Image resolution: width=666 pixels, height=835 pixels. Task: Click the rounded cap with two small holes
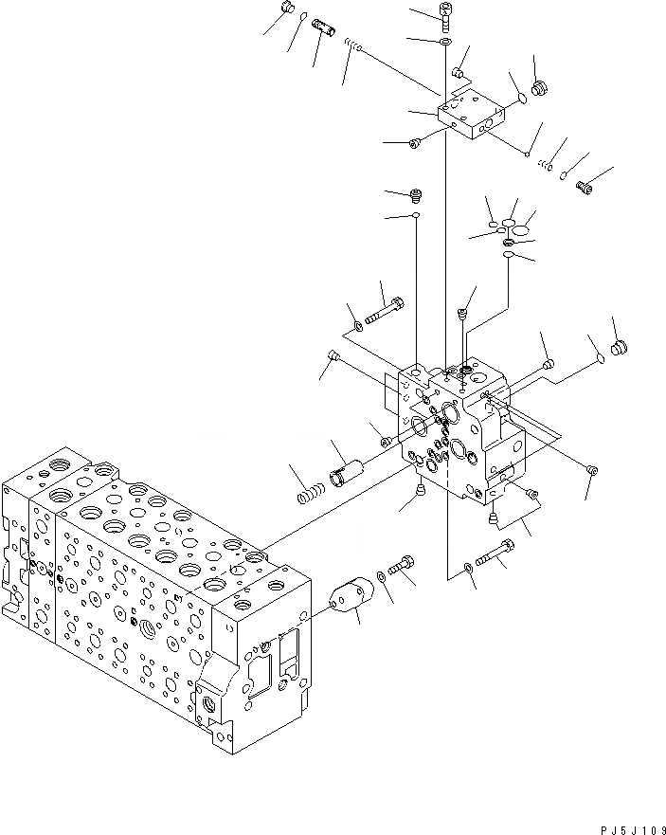(350, 600)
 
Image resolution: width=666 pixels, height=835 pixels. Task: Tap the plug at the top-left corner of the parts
(287, 9)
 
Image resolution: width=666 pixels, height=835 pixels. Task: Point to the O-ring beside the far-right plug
(598, 357)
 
